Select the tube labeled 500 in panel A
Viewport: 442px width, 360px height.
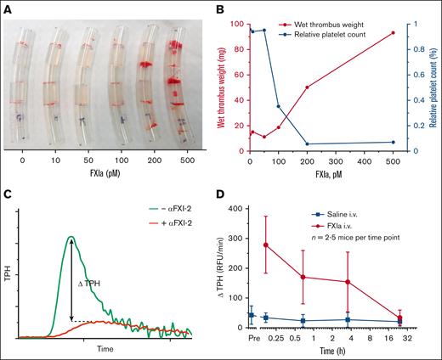tap(177, 85)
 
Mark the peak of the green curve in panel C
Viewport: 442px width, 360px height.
tap(71, 237)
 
